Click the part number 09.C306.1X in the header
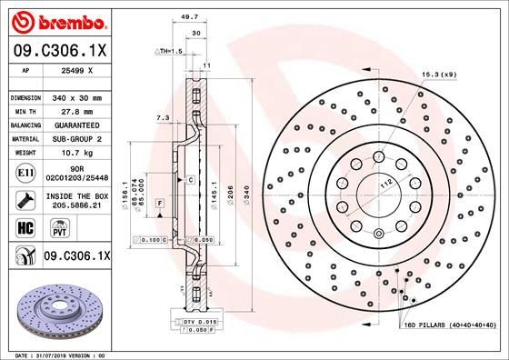[x=61, y=53]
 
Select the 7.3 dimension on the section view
[x=162, y=118]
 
